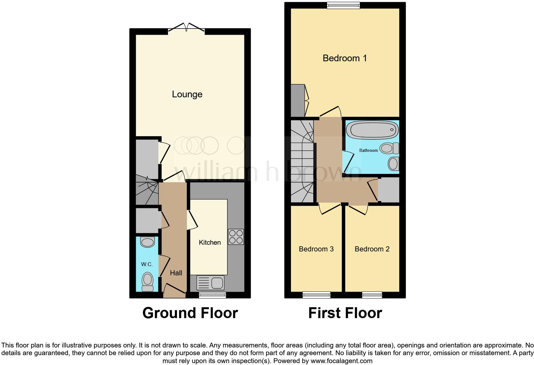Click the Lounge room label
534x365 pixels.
click(187, 94)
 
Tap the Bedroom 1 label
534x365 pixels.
click(345, 58)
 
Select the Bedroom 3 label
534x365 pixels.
click(316, 249)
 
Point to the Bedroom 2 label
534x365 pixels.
click(372, 249)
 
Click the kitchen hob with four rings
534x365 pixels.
click(236, 237)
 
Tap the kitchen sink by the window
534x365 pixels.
click(211, 283)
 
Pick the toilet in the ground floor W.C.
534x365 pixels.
click(147, 281)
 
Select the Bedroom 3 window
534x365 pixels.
click(317, 295)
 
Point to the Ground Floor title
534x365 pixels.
click(190, 313)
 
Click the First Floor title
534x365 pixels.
click(345, 313)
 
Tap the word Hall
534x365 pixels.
click(176, 273)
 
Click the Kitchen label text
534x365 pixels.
click(210, 242)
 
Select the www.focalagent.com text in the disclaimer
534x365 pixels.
click(341, 361)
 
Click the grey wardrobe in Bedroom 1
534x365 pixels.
click(298, 101)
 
